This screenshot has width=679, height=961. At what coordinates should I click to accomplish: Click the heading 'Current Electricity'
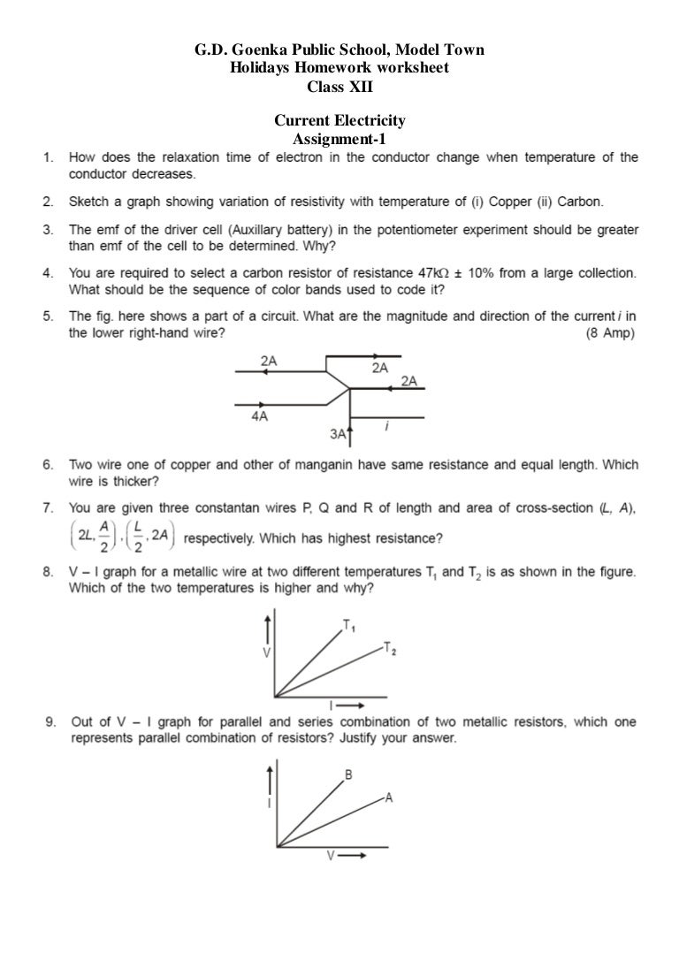339,121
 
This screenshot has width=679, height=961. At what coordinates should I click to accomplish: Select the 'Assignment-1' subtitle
339,139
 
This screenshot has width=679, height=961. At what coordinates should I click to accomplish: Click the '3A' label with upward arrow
339,433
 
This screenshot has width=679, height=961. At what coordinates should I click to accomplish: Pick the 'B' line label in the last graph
349,775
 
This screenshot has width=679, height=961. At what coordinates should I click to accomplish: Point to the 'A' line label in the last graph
388,797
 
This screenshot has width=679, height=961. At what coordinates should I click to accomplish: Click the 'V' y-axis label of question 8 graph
267,651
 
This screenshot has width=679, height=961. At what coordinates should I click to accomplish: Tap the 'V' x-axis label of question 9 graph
332,856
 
